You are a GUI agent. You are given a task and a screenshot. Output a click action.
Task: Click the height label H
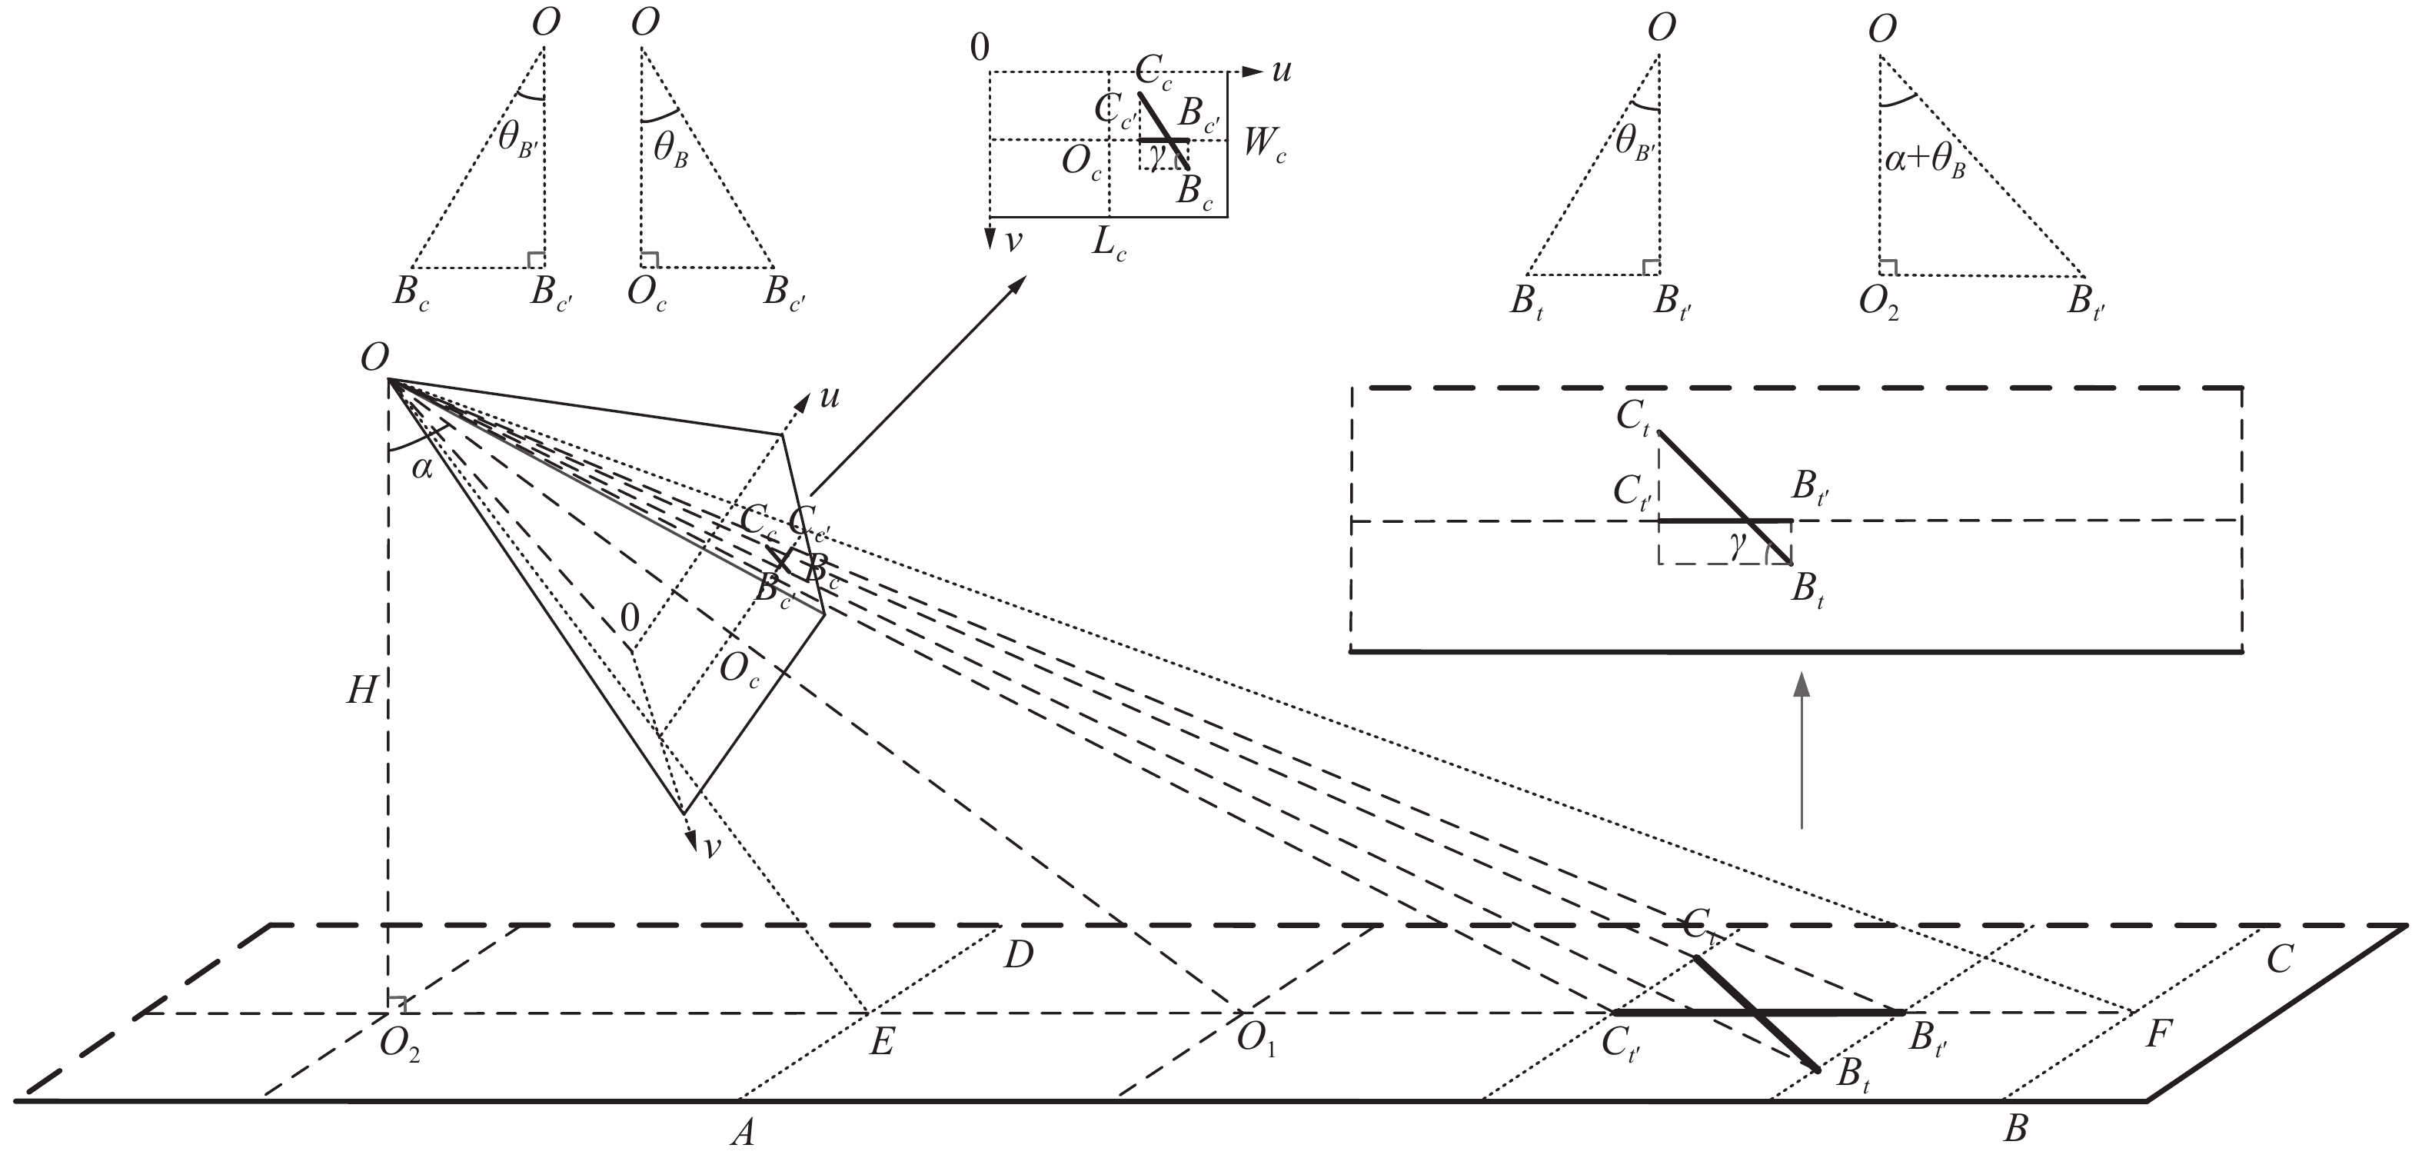click(x=361, y=692)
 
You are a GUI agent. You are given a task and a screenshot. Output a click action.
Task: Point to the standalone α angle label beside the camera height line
click(x=422, y=468)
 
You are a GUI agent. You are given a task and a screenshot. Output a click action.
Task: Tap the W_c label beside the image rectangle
click(x=1265, y=145)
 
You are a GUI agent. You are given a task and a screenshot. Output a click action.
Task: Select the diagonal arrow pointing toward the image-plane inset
click(x=917, y=385)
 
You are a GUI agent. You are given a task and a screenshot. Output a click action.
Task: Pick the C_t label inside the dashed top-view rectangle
click(x=1633, y=419)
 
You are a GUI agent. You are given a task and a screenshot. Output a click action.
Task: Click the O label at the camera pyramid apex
click(x=374, y=358)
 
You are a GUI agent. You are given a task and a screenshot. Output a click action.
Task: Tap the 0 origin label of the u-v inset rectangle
click(x=979, y=48)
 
